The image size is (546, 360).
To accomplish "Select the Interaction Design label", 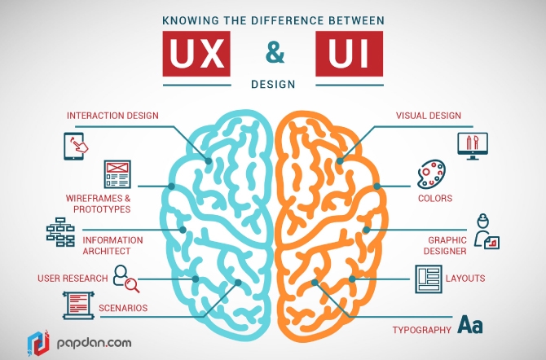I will (113, 116).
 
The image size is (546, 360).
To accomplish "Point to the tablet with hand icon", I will (76, 147).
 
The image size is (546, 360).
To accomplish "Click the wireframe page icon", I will (117, 175).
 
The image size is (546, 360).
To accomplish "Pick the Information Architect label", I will (112, 245).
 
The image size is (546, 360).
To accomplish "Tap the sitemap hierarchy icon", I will (59, 232).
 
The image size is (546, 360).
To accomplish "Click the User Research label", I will (73, 279).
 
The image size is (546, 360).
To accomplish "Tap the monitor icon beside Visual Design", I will (472, 145).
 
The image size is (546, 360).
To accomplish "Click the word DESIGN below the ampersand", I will (274, 83).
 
